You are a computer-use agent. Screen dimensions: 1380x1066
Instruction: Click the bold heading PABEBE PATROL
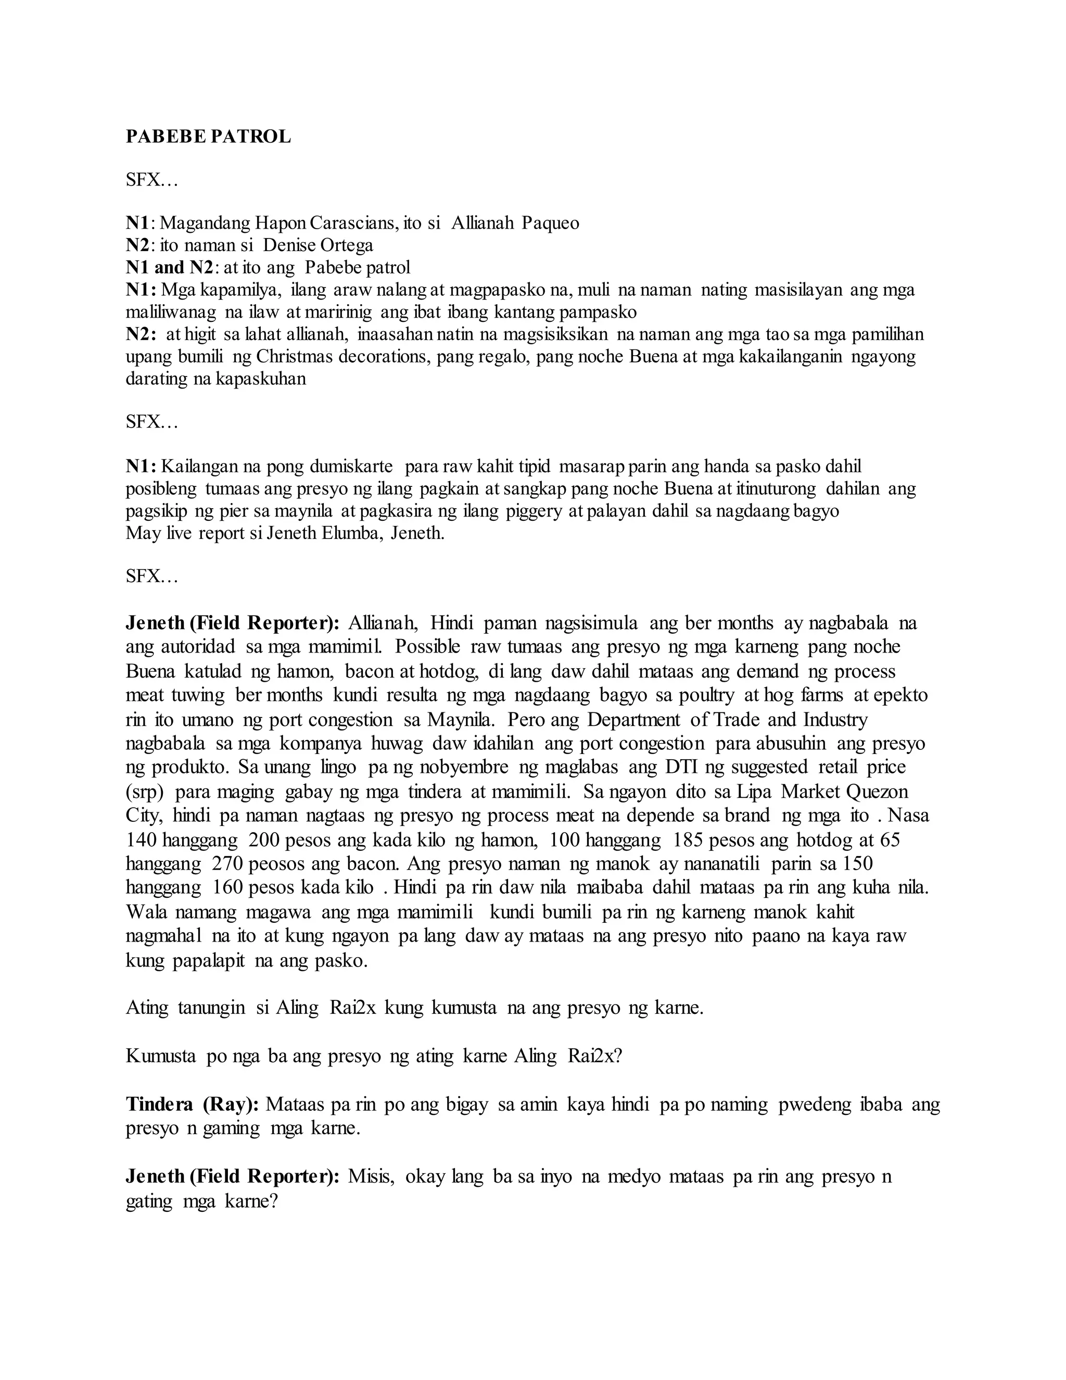[x=208, y=136]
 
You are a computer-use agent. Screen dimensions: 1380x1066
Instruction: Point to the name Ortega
[x=346, y=245]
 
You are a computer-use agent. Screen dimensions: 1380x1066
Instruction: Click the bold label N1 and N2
[x=170, y=267]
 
